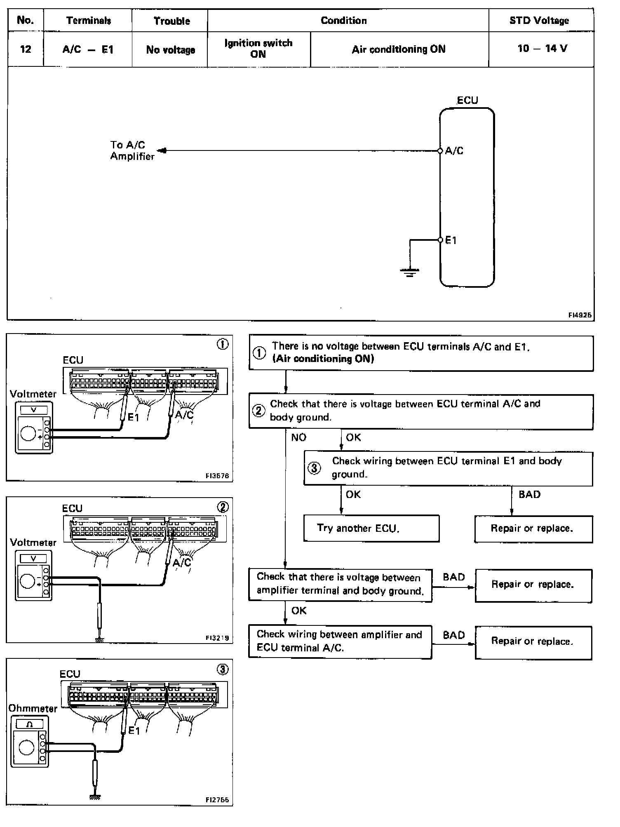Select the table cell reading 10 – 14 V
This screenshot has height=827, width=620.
pos(542,49)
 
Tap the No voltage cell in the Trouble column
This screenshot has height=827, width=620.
pos(170,50)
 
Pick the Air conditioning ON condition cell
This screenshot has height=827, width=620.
pos(399,49)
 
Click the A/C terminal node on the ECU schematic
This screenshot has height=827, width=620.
pos(440,151)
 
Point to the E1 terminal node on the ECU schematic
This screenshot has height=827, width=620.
pos(440,240)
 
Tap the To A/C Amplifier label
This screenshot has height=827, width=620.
pos(132,150)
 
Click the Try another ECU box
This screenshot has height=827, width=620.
pos(371,528)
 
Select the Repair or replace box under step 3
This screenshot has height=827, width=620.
pos(533,529)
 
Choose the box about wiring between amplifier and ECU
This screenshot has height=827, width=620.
pos(340,641)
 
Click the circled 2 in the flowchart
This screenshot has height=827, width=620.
pos(259,411)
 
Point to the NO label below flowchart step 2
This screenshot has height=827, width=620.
pos(298,437)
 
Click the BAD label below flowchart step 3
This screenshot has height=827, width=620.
pos(529,494)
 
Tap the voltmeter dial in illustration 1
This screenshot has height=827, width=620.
pos(28,434)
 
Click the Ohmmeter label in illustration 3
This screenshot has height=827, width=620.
pos(33,708)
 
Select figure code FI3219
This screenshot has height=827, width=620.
pos(217,638)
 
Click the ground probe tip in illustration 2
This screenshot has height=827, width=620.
pos(99,640)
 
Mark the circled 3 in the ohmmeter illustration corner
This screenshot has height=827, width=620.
pos(223,670)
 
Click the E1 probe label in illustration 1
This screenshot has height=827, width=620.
pos(134,417)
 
